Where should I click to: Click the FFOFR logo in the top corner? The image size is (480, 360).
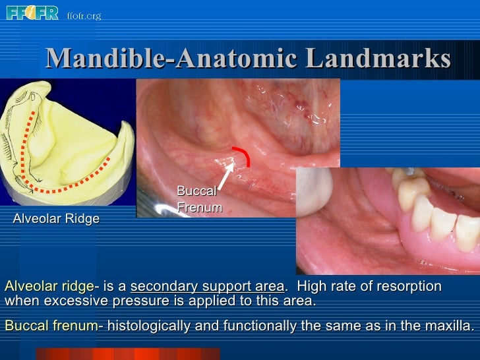pos(32,13)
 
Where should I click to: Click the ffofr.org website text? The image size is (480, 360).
pos(83,15)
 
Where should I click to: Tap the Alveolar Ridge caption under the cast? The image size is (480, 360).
pos(56,219)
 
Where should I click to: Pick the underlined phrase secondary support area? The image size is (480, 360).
pos(208,287)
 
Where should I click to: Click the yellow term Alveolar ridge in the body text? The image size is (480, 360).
pos(49,287)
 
